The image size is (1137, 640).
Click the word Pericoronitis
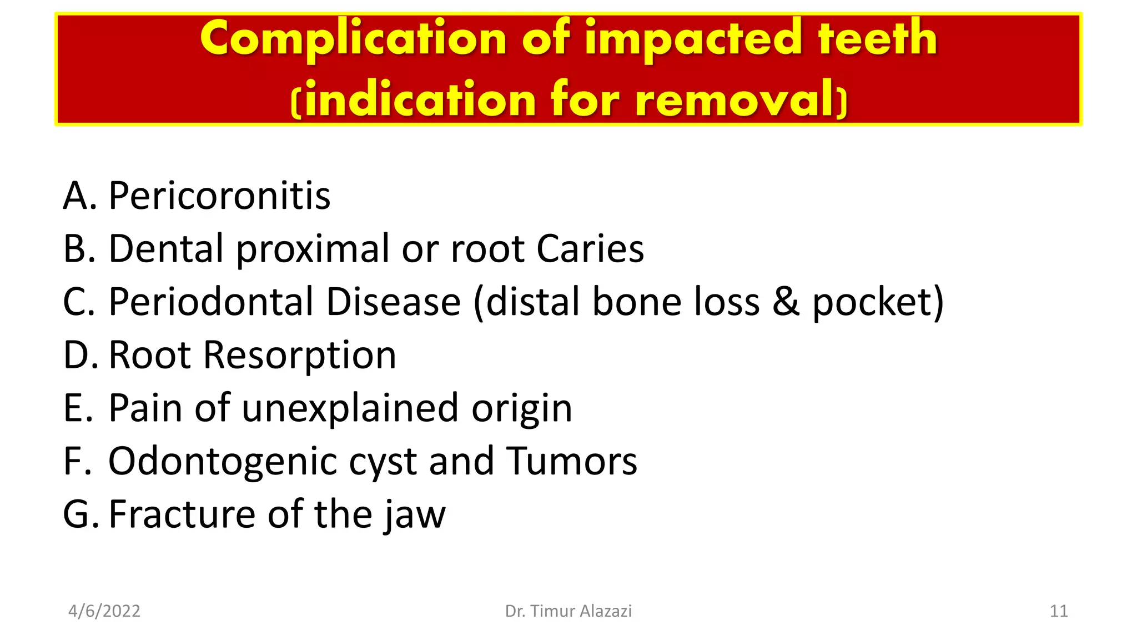click(x=219, y=196)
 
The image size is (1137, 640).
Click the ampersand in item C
click(x=786, y=302)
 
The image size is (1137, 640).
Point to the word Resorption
click(x=300, y=356)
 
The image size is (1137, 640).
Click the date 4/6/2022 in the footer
click(x=104, y=611)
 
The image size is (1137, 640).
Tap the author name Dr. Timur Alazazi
click(x=568, y=611)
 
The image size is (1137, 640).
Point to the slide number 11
click(x=1058, y=611)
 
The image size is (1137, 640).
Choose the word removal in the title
click(x=734, y=100)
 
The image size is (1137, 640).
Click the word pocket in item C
click(x=878, y=302)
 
